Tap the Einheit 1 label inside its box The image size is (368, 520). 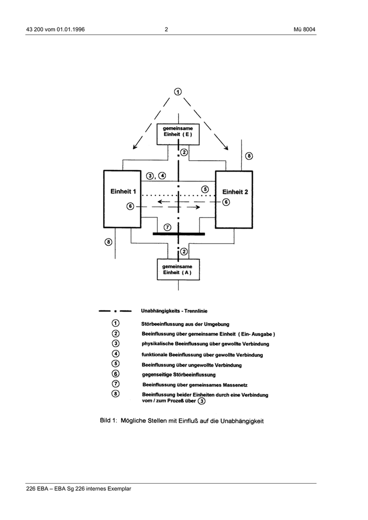(x=122, y=192)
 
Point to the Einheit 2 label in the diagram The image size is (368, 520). (x=235, y=192)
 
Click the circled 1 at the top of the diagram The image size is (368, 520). (x=178, y=92)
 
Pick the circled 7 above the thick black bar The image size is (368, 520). (x=167, y=227)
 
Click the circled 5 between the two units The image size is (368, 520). (x=205, y=189)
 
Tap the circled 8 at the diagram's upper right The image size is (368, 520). (x=249, y=155)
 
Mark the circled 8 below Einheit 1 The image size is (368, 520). (x=108, y=242)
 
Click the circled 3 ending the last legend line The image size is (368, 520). (x=201, y=401)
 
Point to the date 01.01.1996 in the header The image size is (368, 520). (x=67, y=29)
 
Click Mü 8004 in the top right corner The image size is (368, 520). (x=305, y=29)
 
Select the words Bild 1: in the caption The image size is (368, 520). (x=108, y=421)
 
